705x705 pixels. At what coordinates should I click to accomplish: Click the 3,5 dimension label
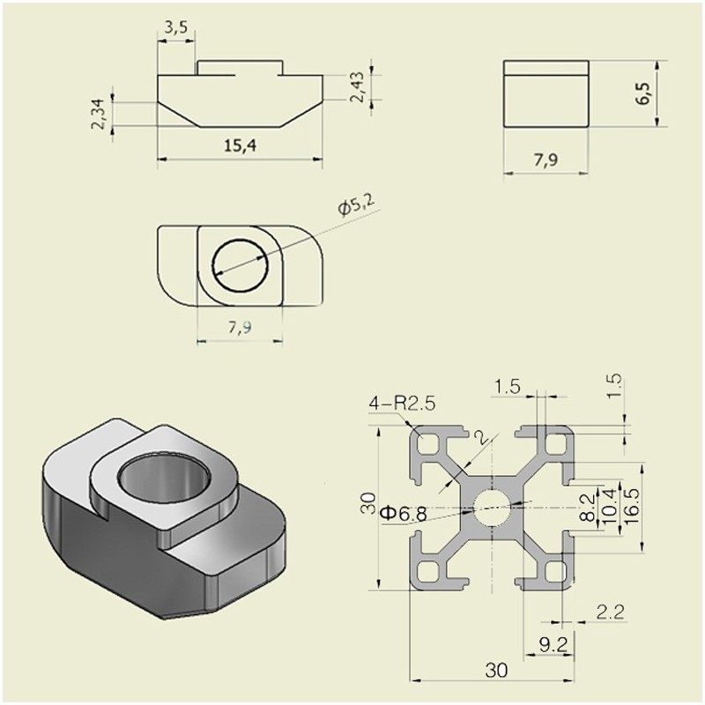175,27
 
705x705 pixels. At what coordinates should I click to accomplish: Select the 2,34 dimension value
99,114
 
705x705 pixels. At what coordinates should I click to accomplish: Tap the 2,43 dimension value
357,85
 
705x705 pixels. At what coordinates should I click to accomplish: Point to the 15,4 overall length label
240,146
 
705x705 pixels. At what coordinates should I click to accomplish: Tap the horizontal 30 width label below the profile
496,671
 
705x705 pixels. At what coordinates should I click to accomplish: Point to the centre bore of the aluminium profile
490,506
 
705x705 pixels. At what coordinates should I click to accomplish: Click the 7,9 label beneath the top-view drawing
239,328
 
